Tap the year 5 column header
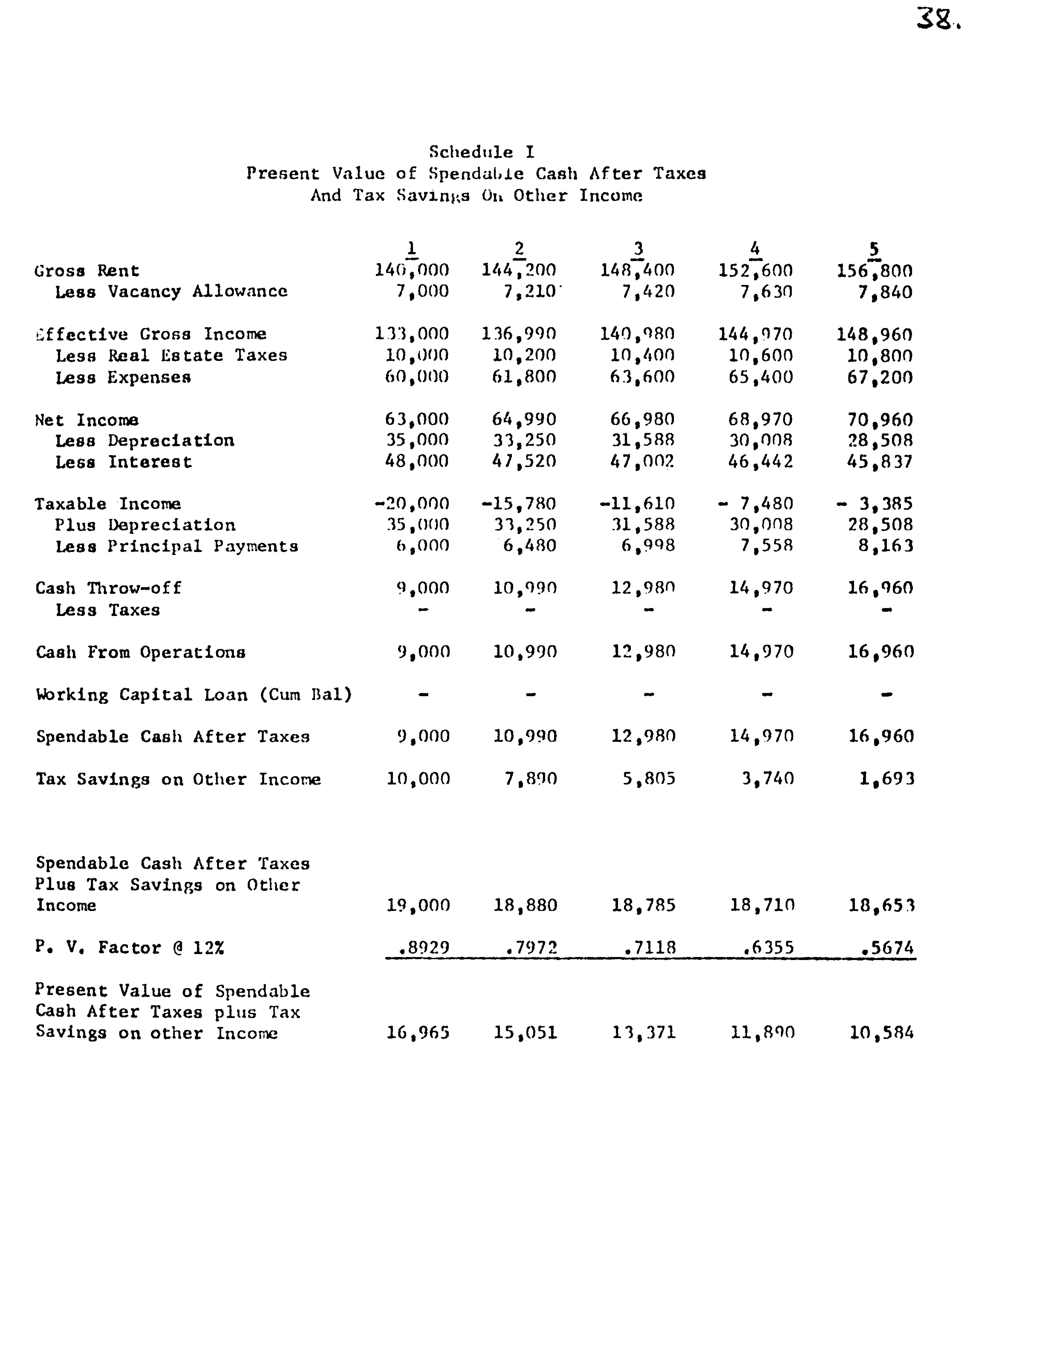click(x=874, y=249)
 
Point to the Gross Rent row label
click(x=87, y=271)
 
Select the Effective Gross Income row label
click(x=151, y=334)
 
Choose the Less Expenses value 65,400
click(x=761, y=378)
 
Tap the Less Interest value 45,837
click(x=880, y=462)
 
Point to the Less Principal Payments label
click(x=177, y=547)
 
